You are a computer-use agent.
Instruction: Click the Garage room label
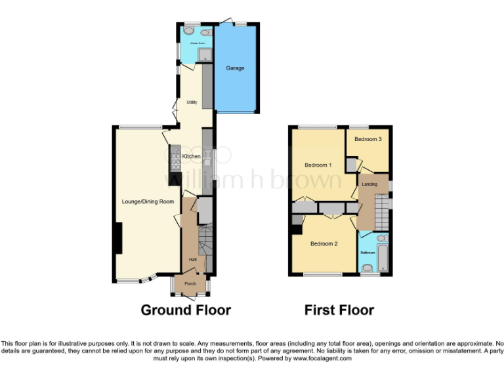pyautogui.click(x=235, y=68)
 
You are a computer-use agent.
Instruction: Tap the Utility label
pyautogui.click(x=192, y=102)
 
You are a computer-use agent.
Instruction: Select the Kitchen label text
pyautogui.click(x=192, y=156)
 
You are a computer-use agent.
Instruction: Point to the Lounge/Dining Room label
pyautogui.click(x=148, y=201)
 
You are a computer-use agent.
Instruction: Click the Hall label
pyautogui.click(x=193, y=260)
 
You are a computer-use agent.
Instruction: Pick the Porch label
pyautogui.click(x=190, y=283)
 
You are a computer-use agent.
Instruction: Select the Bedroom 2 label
pyautogui.click(x=324, y=244)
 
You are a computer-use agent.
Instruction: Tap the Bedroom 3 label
pyautogui.click(x=368, y=139)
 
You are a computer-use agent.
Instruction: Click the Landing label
pyautogui.click(x=369, y=184)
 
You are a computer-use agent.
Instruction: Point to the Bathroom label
pyautogui.click(x=367, y=253)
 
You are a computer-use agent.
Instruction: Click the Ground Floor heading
pyautogui.click(x=186, y=310)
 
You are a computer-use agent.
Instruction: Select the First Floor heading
pyautogui.click(x=339, y=310)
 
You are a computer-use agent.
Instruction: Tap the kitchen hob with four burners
pyautogui.click(x=175, y=157)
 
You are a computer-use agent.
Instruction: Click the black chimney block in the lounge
pyautogui.click(x=117, y=238)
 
